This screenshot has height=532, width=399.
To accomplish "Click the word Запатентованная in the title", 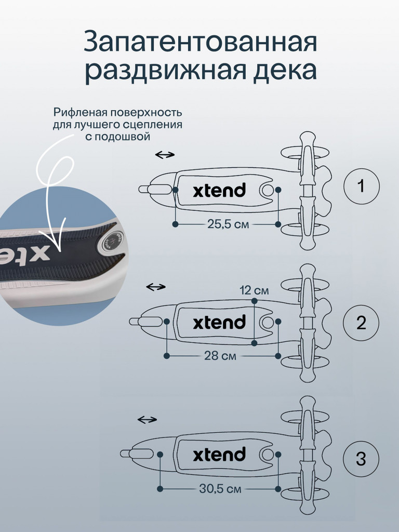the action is [200, 42].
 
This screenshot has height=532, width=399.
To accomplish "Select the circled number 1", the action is [361, 186].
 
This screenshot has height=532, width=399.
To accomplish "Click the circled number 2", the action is [361, 322].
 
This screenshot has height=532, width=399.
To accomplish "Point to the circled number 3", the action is [361, 459].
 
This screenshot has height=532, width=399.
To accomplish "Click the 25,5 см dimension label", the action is [228, 224].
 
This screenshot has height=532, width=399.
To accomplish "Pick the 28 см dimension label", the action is [220, 356].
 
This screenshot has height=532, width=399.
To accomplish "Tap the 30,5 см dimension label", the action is [220, 489].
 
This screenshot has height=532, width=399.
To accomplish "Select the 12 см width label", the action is [254, 290].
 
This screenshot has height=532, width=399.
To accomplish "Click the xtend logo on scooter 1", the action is [219, 190].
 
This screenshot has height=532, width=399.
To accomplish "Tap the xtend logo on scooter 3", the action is [219, 454].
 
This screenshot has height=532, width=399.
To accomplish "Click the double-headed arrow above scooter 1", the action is [165, 155].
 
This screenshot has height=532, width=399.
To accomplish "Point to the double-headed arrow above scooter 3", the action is [147, 420].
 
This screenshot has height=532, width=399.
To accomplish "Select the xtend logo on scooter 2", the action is [219, 322].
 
